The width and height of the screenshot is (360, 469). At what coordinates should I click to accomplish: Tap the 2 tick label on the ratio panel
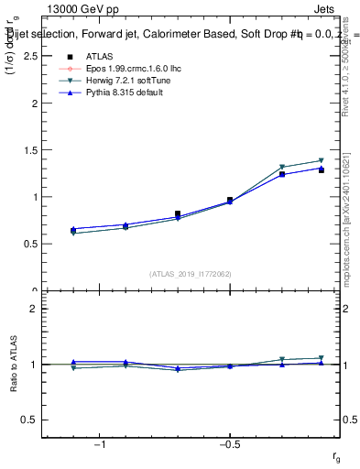tap(33, 309)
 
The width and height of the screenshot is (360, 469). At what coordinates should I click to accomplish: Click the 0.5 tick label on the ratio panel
tap(29, 420)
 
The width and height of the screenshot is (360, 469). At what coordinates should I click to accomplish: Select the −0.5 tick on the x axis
tap(229, 444)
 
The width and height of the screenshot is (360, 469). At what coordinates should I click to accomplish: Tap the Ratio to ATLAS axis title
tap(13, 364)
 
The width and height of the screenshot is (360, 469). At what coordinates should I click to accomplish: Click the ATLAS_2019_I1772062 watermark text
tap(191, 273)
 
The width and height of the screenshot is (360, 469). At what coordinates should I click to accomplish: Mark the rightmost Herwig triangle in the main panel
tap(322, 161)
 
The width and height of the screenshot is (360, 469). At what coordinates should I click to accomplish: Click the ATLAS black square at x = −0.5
tap(230, 200)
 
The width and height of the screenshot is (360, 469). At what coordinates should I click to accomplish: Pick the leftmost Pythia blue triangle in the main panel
tap(73, 229)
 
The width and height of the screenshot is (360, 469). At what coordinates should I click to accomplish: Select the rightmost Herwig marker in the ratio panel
tap(322, 358)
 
